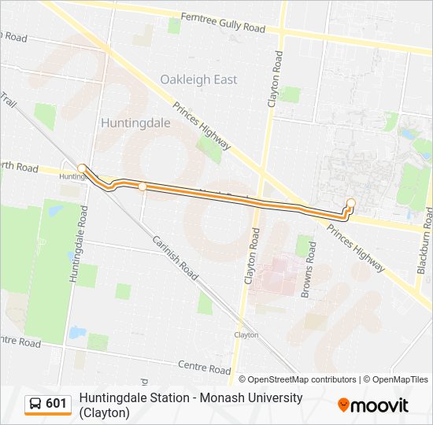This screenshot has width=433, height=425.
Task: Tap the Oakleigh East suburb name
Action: (x=198, y=79)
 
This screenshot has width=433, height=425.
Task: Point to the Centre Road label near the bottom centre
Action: (x=204, y=367)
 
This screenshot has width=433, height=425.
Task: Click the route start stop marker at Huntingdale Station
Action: (x=82, y=168)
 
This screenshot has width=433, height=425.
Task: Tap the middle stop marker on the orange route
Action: (x=142, y=187)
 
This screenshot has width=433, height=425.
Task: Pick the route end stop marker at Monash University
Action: (x=351, y=204)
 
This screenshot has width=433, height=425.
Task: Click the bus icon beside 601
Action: (x=35, y=404)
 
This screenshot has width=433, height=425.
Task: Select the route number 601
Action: (x=57, y=404)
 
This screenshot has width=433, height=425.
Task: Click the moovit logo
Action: (x=373, y=405)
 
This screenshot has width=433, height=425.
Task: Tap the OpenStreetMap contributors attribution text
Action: (x=298, y=379)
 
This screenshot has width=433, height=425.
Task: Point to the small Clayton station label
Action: (x=246, y=334)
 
